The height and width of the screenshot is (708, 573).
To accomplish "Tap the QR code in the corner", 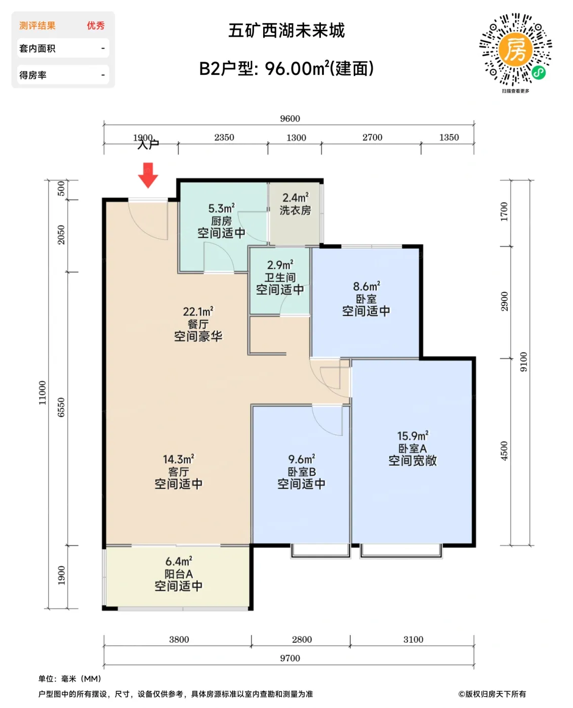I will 515,50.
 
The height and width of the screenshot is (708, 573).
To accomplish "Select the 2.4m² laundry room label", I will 295,204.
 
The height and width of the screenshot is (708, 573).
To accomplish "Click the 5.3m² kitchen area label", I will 221,221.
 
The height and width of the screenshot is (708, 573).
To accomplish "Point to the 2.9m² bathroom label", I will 280,277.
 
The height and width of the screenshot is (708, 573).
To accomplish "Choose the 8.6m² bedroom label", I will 366,298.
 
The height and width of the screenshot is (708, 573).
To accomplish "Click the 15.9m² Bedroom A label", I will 412,448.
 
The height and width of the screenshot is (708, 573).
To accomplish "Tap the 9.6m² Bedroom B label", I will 301,471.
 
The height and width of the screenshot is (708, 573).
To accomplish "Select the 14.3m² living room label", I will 178,471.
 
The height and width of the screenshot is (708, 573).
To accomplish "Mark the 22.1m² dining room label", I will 198,324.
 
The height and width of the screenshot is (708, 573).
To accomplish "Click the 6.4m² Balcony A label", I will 178,573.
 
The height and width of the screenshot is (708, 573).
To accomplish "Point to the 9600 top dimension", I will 290,118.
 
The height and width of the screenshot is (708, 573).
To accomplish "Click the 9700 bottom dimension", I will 290,658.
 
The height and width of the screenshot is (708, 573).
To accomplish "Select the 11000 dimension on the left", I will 43,392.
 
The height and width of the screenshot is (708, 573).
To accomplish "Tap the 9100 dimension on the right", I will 524,362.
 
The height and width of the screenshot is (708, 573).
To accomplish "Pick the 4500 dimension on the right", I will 504,451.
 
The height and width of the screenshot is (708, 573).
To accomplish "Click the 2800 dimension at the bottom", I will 302,639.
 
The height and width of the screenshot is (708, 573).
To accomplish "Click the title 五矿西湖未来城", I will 286,31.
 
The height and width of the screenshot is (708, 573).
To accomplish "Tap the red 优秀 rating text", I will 96,25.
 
